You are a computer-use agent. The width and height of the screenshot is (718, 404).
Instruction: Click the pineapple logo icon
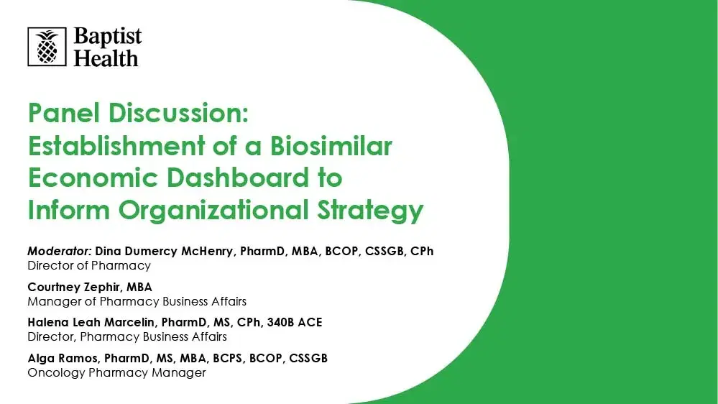(47, 47)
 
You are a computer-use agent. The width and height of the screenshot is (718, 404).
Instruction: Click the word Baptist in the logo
(107, 37)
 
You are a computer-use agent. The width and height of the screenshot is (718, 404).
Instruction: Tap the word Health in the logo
(106, 58)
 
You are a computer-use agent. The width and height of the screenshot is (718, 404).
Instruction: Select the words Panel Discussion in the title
(137, 113)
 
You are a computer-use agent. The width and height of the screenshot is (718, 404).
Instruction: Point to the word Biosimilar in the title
(331, 146)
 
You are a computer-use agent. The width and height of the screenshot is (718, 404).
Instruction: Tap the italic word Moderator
(59, 252)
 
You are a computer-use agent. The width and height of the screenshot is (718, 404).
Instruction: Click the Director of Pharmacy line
(89, 265)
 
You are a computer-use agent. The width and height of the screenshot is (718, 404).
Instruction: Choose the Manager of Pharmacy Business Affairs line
(137, 301)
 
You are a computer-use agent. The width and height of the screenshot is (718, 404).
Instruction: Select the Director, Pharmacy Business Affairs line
(127, 336)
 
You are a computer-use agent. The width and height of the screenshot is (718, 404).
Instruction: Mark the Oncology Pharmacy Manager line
(116, 372)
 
